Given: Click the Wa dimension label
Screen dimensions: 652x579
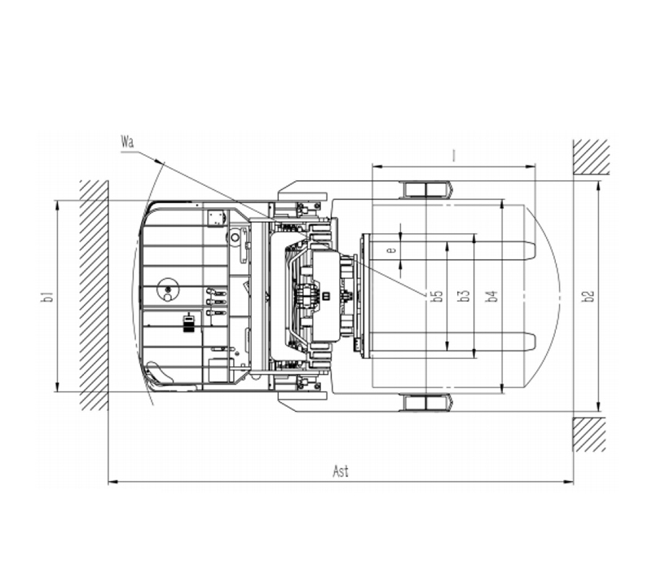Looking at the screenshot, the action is [x=128, y=142].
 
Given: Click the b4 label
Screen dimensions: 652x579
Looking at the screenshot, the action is [x=491, y=296].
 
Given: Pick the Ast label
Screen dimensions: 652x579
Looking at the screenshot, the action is [x=341, y=471].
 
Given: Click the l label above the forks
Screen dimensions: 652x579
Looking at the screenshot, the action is [x=454, y=156].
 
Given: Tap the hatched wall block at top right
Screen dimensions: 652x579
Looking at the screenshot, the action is [x=591, y=157].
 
